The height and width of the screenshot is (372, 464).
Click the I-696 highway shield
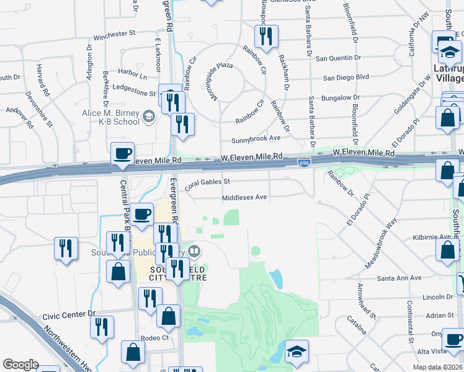pos(304,162)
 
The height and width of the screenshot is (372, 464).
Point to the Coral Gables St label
pos(207,182)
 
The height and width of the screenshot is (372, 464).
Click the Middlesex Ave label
pos(244,198)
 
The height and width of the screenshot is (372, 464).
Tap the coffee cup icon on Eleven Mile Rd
pos(123,154)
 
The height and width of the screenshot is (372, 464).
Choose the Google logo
pos(20,365)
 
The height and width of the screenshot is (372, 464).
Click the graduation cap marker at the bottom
pos(297,352)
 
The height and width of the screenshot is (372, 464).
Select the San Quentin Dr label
pos(338,58)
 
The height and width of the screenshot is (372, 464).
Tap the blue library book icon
pos(194,251)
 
